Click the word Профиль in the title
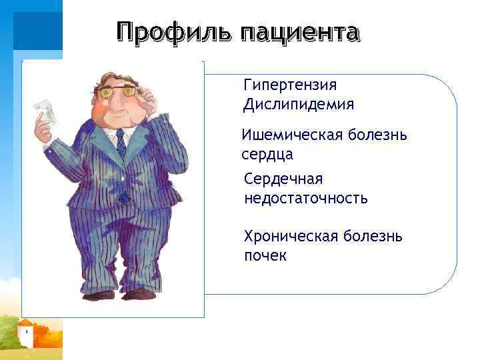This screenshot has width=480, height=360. pyautogui.click(x=174, y=32)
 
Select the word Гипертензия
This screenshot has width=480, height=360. pyautogui.click(x=290, y=85)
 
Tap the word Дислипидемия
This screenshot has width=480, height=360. pyautogui.click(x=299, y=105)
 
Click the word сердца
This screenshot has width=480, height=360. pyautogui.click(x=267, y=155)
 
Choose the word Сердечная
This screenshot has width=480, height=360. pyautogui.click(x=283, y=179)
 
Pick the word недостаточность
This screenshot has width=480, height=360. pyautogui.click(x=306, y=198)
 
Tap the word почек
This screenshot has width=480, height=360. pyautogui.click(x=265, y=256)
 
